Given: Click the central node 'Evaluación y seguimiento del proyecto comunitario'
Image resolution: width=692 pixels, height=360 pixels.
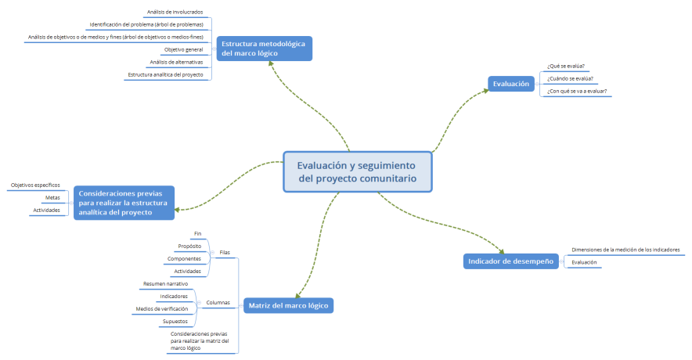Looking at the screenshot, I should pos(356,171).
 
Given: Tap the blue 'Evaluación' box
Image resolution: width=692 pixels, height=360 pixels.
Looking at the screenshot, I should pos(511,83).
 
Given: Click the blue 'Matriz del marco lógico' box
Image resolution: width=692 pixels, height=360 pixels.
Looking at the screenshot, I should pos(287,304).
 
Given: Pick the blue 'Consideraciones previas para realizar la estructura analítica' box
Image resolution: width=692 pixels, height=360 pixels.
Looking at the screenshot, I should pos(124,202).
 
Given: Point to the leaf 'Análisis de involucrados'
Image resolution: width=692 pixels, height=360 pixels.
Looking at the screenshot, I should pos(175,13).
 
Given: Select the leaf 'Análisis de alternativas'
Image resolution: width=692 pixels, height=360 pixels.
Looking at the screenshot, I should pos(176,62).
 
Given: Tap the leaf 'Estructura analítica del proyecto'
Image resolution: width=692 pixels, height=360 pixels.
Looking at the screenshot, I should pos(165,75).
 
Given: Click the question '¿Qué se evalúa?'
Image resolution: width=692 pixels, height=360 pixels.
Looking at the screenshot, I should pos(566,66).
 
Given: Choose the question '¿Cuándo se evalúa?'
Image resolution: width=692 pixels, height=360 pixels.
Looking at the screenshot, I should pos(570,78).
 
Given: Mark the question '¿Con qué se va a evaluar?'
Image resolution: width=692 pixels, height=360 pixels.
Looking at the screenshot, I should pos(577,91).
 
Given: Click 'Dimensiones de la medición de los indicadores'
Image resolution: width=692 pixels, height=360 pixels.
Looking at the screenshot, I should pos(625,250).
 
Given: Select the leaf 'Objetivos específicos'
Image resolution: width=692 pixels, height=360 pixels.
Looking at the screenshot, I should pos(35,185).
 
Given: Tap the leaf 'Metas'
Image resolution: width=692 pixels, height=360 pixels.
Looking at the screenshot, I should pos(52,197).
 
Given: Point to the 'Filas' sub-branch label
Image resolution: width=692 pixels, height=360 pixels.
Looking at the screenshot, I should pos(225,252).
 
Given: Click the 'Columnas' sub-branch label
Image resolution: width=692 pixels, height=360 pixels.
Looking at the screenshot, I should pos(219,302).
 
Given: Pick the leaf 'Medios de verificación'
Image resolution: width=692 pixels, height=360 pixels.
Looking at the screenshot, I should pos(162,309).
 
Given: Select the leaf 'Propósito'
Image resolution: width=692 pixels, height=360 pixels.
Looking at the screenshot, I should pos(189,246).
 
